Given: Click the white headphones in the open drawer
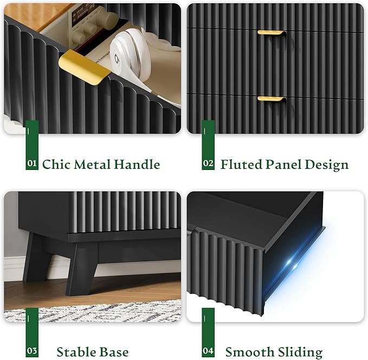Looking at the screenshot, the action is (x=130, y=55).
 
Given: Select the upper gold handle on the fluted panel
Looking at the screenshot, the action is (x=272, y=32).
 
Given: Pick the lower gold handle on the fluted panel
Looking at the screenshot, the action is (x=272, y=99).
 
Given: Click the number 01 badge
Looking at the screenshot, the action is (x=32, y=163).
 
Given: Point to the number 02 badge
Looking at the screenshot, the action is (x=208, y=163).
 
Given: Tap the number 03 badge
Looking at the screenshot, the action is (x=32, y=351).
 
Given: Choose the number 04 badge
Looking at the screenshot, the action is (x=208, y=351).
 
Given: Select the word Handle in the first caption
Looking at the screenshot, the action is (x=137, y=164).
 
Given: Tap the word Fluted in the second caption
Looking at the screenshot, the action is (x=241, y=164).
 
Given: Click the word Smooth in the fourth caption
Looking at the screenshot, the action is (x=248, y=352).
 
